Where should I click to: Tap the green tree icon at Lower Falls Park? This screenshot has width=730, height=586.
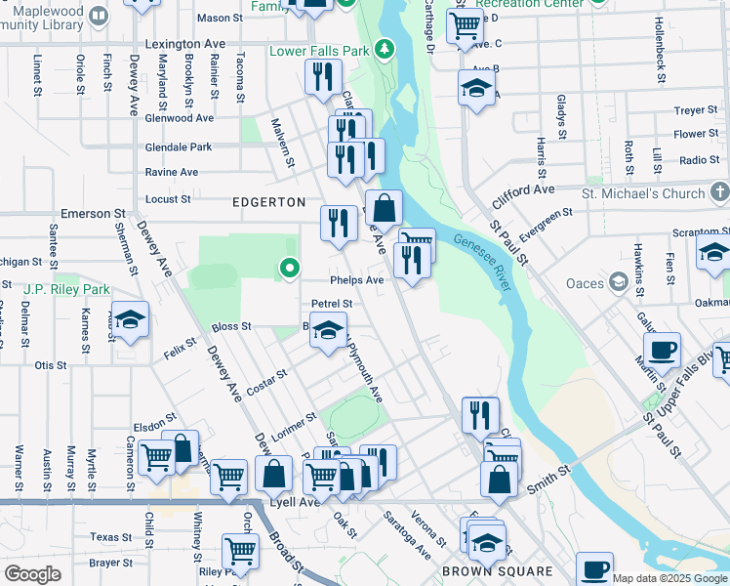click(x=385, y=49)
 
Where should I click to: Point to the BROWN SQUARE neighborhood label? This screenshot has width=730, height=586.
click(x=498, y=570)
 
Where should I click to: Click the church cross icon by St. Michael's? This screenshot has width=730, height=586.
click(x=719, y=191)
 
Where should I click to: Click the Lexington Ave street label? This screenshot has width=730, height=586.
click(x=184, y=44)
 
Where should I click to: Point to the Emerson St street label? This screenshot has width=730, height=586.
click(x=94, y=212)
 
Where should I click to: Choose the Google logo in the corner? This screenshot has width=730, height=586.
click(x=32, y=574)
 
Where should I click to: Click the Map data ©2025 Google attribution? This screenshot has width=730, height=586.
click(x=670, y=578)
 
